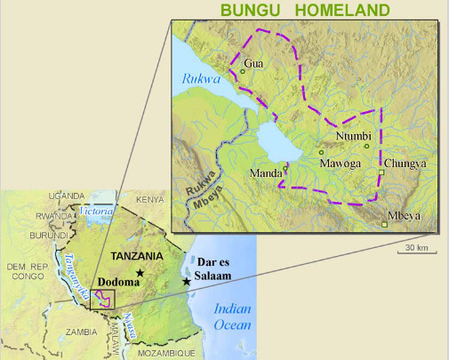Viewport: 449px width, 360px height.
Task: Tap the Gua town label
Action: click(254, 63)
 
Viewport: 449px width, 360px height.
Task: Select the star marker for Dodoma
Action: click(140, 272)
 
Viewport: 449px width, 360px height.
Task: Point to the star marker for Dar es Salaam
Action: click(186, 281)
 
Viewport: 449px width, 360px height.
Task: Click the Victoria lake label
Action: click(97, 211)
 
